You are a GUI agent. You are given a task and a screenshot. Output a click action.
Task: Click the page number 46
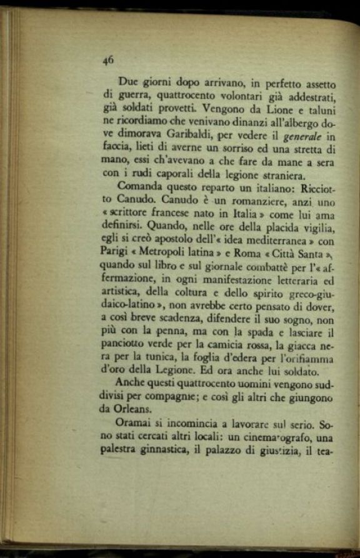[x=107, y=59]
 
